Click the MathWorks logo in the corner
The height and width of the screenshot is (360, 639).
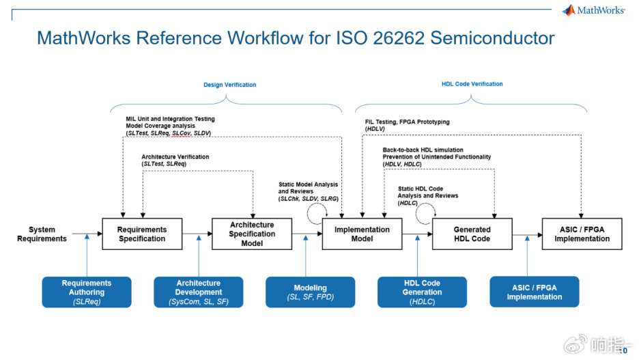pos(593,10)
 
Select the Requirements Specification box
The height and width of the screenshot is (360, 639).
pos(142,234)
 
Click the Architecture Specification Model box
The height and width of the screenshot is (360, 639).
pos(252,234)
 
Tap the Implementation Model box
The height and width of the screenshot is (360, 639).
pos(362,234)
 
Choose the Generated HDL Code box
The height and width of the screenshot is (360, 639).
pos(472,234)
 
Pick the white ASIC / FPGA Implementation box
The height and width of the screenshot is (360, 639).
pos(582,234)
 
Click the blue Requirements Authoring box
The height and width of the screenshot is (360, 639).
pos(87,292)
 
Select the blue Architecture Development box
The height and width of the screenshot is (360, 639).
pos(198,292)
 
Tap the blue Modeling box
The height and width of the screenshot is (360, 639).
pos(310,292)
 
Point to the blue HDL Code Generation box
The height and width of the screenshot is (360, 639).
pos(422,292)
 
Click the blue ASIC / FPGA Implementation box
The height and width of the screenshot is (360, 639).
pos(534,292)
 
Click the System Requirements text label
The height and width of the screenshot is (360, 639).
pos(42,234)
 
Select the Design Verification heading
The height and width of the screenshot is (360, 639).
pos(229,85)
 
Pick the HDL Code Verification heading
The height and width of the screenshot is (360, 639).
pos(472,84)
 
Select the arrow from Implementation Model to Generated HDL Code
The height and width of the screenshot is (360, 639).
pos(416,234)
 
